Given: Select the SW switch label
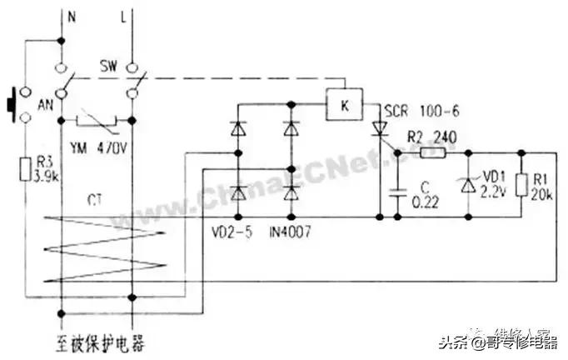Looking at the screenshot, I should point(110,65).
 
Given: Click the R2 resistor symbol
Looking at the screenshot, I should point(434,153).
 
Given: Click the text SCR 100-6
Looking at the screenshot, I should point(414,110).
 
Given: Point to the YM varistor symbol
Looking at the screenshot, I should point(98,125).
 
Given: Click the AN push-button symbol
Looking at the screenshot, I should point(12,105).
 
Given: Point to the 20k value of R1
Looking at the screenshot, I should point(544,192).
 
